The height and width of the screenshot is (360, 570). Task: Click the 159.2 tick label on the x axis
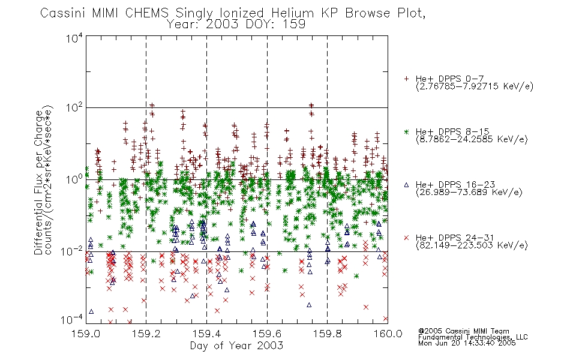pos(146,334)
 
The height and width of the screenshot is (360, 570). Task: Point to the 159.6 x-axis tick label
pos(267,334)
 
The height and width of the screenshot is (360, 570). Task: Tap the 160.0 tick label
pos(388,334)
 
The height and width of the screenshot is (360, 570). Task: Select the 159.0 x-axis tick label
pos(86,334)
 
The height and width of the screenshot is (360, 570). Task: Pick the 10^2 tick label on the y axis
pos(74,108)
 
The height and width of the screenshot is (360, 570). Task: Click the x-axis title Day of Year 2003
pos(236,346)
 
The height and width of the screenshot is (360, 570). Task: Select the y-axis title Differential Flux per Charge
pos(38,182)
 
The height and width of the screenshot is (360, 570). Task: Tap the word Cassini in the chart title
pos(63,13)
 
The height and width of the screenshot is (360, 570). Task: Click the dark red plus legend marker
pos(407,79)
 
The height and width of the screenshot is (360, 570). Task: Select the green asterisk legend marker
pos(407,131)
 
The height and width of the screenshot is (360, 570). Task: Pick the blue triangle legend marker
pos(407,185)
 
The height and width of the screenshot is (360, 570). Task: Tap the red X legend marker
pos(407,238)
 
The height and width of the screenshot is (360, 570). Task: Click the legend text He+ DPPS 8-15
pos(452,131)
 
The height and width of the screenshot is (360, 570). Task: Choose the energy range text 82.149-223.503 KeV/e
pos(472,245)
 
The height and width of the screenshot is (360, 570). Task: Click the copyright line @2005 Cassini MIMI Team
pos(463,331)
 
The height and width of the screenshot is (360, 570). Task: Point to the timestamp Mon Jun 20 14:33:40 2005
pos(467,343)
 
